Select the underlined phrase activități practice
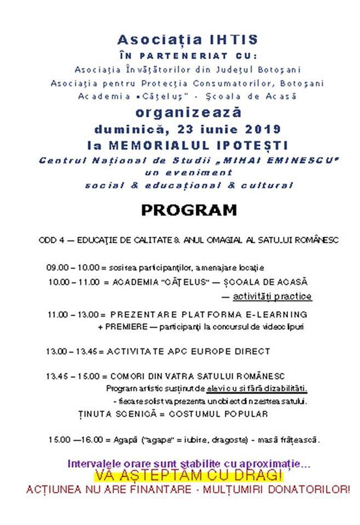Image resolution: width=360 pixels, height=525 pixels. click(272, 296)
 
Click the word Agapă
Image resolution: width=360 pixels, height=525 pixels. click(125, 440)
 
